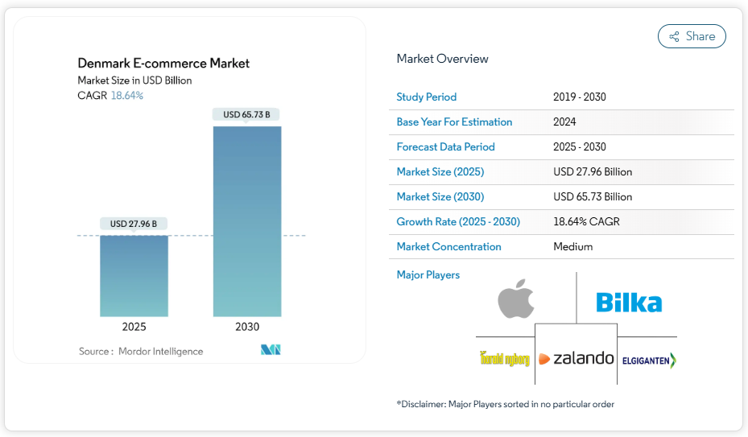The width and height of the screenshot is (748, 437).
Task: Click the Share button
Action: pos(692,36)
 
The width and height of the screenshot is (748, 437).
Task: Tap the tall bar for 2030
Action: pos(247,221)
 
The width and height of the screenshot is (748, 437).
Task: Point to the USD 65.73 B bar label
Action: pos(246,114)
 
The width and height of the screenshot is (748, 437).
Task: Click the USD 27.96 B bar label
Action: pos(134,223)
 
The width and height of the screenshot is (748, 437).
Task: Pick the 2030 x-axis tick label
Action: pos(247,327)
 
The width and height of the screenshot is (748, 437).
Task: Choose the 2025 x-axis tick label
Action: pos(134,327)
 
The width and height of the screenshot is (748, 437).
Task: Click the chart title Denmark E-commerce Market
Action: pos(163,63)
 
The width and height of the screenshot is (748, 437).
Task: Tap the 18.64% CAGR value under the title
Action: pos(127,96)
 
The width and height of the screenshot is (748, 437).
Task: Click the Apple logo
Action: pos(516,300)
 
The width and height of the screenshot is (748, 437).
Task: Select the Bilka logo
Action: pos(629,303)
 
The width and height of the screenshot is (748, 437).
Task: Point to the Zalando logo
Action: pos(576,359)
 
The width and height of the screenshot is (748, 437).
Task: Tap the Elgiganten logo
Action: pos(649,361)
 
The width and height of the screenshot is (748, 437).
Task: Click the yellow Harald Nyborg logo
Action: pos(504,359)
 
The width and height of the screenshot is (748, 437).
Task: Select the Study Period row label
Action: pos(426,97)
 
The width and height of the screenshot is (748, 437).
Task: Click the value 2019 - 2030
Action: pos(579,97)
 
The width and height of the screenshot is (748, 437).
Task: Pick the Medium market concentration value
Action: pos(572,247)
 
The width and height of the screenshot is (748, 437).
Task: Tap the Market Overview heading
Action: pos(442,59)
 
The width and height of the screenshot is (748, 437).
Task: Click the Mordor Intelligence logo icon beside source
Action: pos(271,350)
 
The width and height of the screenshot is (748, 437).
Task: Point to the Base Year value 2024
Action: pos(564,122)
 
